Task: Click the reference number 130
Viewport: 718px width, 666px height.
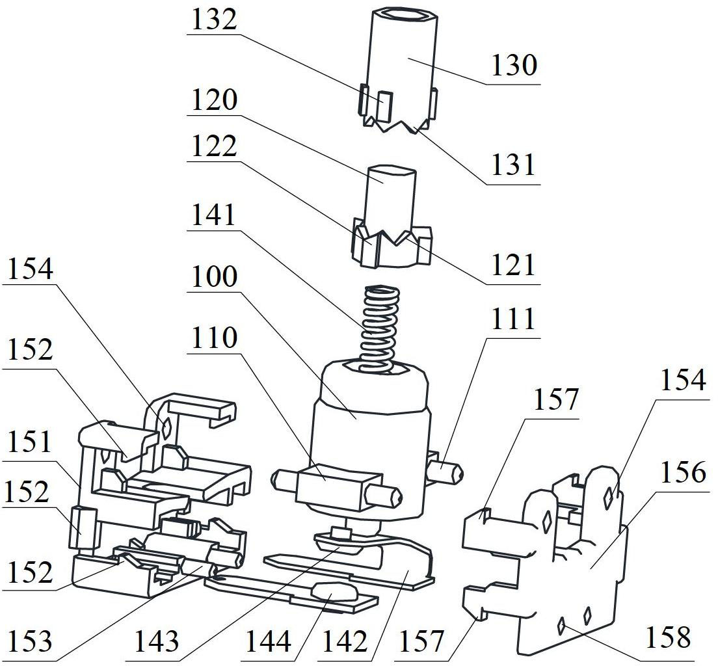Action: tap(514, 66)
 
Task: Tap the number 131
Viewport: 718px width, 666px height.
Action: tap(514, 166)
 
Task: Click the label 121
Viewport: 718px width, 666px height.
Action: tap(514, 265)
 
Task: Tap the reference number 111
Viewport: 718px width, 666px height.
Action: tap(514, 319)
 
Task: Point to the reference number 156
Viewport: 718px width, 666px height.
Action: tap(682, 472)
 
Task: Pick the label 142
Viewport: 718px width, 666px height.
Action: tap(346, 642)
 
